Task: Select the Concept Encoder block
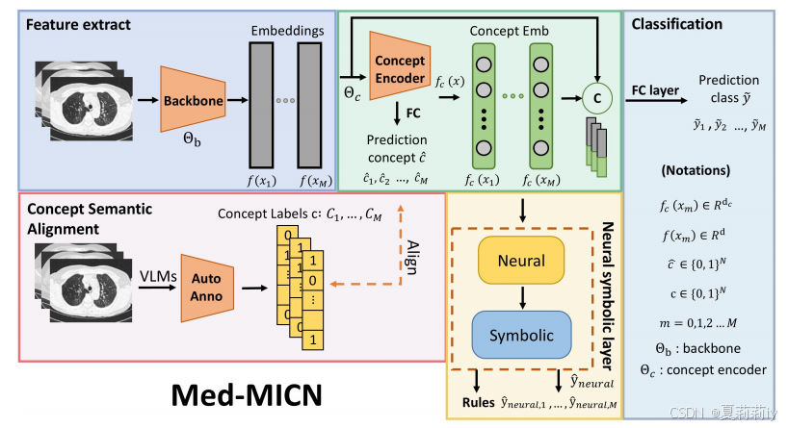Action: (399, 69)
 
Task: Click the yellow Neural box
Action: (521, 260)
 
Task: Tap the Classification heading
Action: (677, 23)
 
